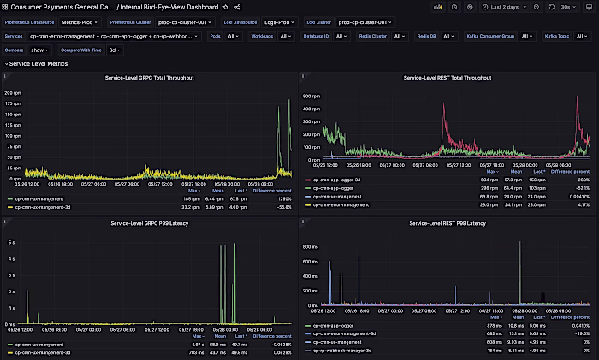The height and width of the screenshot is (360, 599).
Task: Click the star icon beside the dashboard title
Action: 225,7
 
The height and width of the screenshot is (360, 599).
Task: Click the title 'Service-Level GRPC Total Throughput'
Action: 150,78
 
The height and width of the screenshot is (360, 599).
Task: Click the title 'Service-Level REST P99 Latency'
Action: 447,223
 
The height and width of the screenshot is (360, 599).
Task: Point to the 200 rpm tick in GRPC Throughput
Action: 13,91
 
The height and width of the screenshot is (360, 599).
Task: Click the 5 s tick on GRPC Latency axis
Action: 11,242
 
